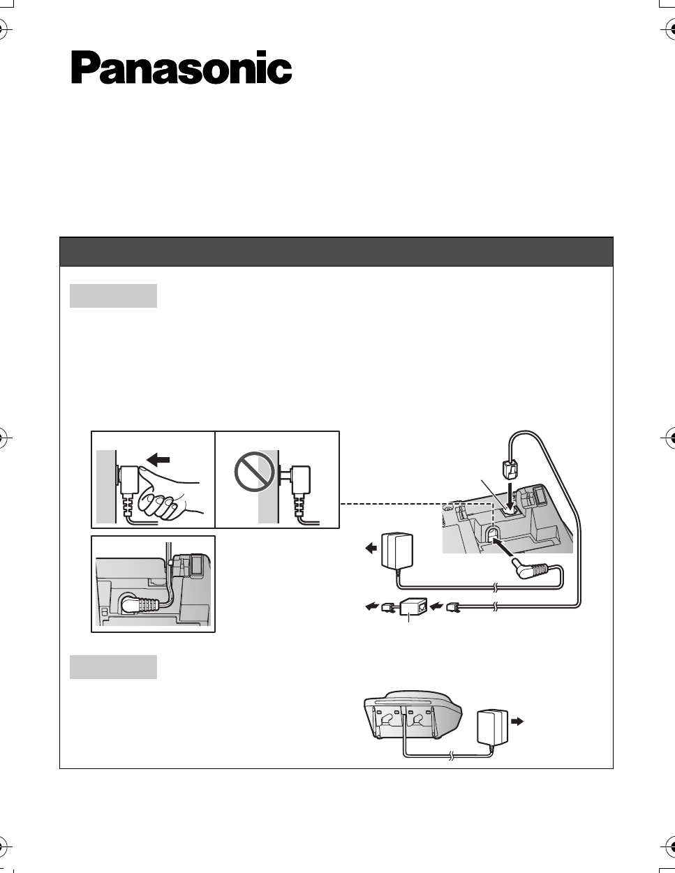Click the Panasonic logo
[x=181, y=67]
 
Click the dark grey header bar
[x=336, y=251]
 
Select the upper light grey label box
[x=113, y=296]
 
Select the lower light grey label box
[x=113, y=667]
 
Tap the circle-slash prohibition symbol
[x=255, y=471]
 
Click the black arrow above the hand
[x=158, y=459]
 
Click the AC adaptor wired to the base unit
[x=397, y=551]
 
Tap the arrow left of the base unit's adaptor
[x=371, y=548]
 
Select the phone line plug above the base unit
[x=510, y=470]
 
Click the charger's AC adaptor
[x=493, y=728]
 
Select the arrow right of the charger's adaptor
[x=517, y=722]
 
